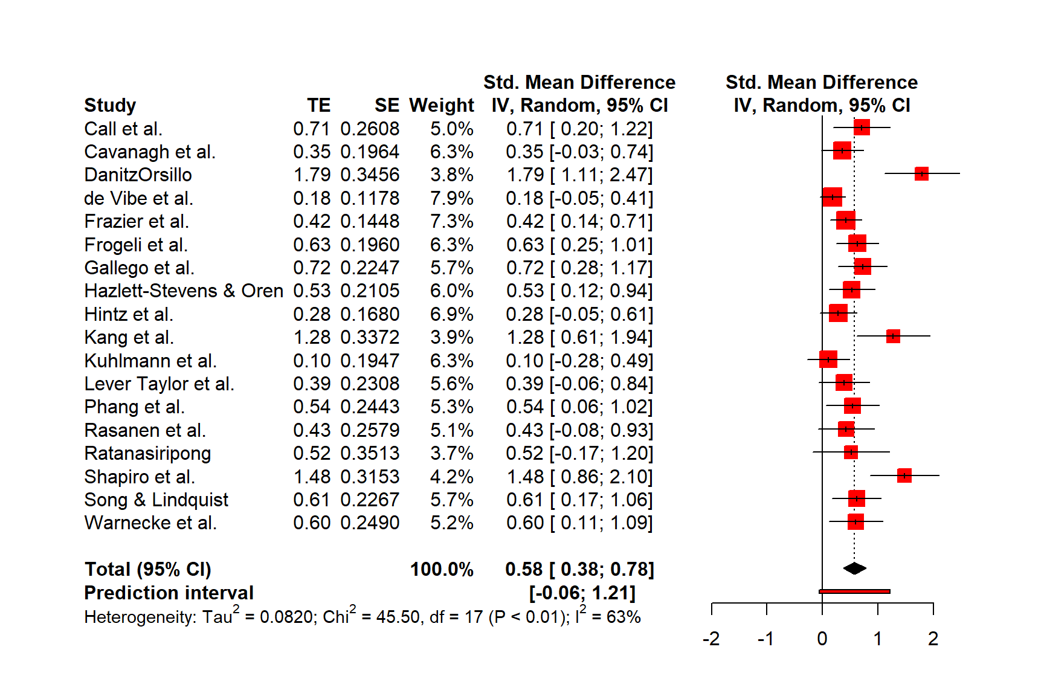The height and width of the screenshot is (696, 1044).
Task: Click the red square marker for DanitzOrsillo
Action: click(921, 174)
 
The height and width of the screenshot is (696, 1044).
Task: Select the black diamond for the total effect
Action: click(854, 568)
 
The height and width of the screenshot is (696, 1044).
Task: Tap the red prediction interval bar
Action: click(854, 591)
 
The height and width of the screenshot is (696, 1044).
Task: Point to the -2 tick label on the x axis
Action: click(711, 639)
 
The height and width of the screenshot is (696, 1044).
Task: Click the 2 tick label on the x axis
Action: click(933, 639)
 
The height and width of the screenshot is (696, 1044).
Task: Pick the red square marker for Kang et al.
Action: click(893, 337)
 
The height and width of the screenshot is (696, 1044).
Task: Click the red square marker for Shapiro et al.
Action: click(904, 475)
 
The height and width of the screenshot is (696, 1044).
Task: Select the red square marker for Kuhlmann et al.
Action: click(828, 359)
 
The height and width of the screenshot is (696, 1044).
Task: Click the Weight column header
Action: click(441, 105)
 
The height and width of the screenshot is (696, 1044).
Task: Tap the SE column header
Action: click(387, 105)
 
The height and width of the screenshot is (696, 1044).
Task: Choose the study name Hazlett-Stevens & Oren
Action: click(184, 291)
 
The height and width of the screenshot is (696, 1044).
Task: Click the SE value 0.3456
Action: click(370, 175)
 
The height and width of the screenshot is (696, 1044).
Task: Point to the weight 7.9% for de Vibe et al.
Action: click(451, 198)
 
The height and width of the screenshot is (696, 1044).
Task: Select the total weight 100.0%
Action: click(442, 569)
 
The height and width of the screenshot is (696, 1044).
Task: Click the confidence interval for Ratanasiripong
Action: click(579, 453)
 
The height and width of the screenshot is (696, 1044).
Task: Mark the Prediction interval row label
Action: click(169, 593)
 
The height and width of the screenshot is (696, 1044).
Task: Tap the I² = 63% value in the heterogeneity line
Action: click(608, 616)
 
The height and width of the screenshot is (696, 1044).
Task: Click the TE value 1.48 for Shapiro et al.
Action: click(312, 477)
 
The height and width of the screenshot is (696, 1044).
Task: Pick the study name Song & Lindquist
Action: click(156, 500)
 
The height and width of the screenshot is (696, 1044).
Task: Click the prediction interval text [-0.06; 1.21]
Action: click(582, 593)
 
